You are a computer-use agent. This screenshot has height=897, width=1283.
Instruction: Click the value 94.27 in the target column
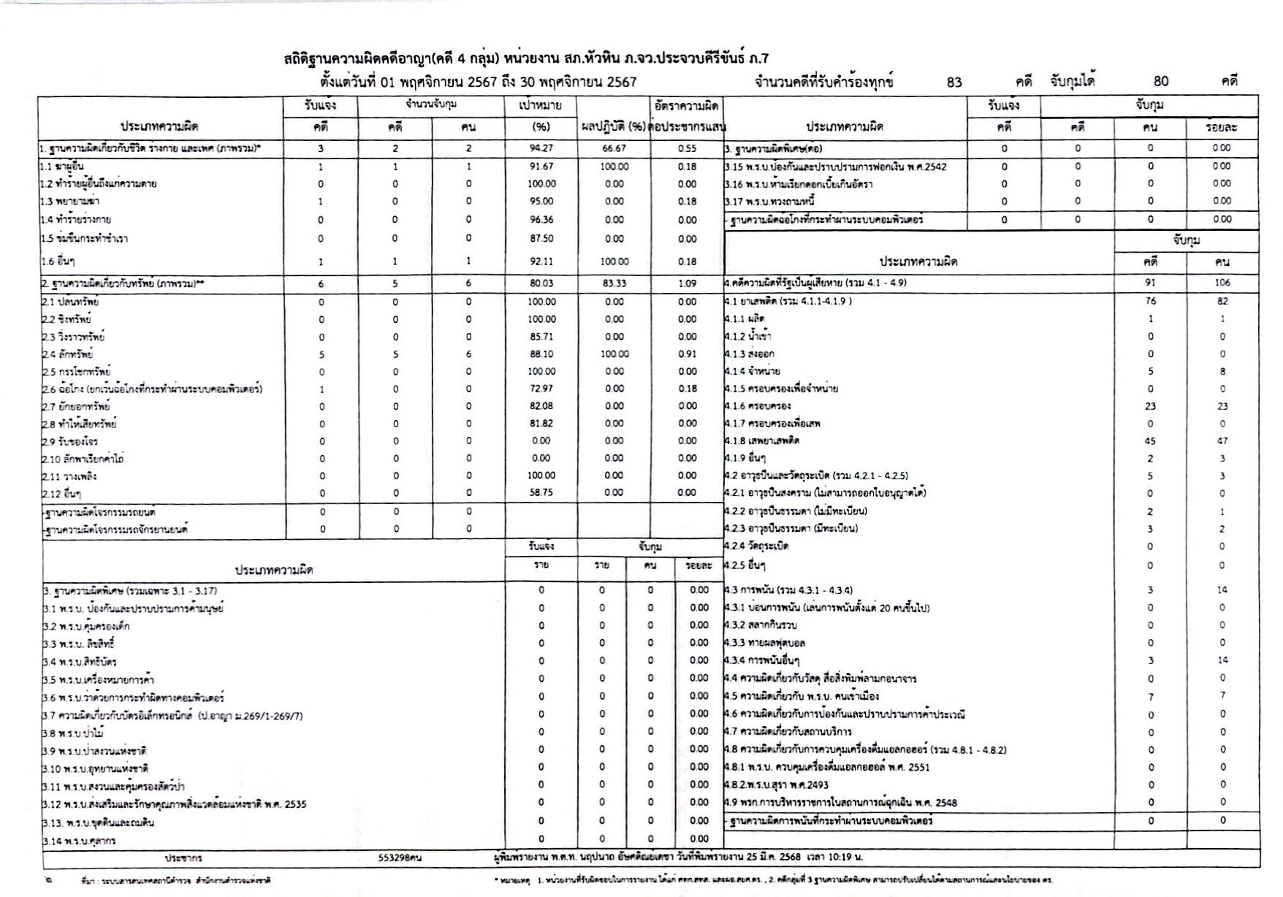(x=541, y=148)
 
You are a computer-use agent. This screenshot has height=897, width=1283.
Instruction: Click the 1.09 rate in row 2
(x=687, y=283)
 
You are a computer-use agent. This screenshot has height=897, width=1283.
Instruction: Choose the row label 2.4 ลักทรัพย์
(x=67, y=354)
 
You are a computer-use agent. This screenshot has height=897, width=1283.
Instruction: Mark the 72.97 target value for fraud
(x=541, y=389)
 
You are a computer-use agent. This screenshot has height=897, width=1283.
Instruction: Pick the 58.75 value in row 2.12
(x=541, y=493)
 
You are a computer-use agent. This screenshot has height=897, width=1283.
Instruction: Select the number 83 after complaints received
(x=954, y=82)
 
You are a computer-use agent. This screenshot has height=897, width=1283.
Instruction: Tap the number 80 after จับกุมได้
(x=1162, y=82)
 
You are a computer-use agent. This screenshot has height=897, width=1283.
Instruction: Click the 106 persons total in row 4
(x=1222, y=283)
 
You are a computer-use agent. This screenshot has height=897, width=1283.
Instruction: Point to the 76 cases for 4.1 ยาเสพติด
(x=1151, y=301)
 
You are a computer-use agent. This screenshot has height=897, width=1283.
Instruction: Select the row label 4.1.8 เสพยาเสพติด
(x=763, y=441)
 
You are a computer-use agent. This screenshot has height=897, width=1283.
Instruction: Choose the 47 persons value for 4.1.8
(x=1222, y=441)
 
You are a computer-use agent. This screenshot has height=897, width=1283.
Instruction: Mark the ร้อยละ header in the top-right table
(x=1222, y=127)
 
